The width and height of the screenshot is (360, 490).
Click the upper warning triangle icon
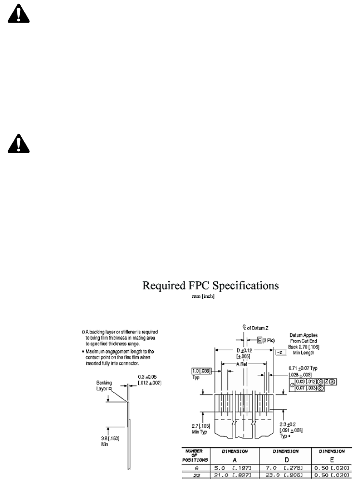point(18,15)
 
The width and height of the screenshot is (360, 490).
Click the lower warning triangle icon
point(18,143)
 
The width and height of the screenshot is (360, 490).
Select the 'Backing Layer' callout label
point(105,385)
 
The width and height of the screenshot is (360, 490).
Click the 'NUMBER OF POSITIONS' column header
point(195,455)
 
